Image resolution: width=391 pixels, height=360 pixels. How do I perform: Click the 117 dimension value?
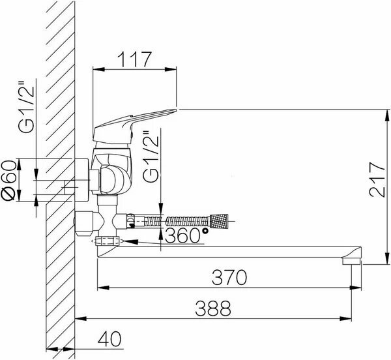point(135,59)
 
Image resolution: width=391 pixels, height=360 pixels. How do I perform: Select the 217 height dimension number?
point(377,180)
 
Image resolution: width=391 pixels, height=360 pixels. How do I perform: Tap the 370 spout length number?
point(229,277)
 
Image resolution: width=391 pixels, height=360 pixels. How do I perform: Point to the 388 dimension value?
point(213,308)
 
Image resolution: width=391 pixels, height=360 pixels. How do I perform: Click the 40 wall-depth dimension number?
point(109,339)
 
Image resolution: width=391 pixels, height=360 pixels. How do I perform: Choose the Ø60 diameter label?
point(8,180)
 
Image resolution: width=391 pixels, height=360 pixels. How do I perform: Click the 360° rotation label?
point(186,235)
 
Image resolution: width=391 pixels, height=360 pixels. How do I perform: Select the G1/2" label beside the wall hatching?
point(25,106)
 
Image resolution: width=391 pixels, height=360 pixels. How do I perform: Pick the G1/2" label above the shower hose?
point(151,157)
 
